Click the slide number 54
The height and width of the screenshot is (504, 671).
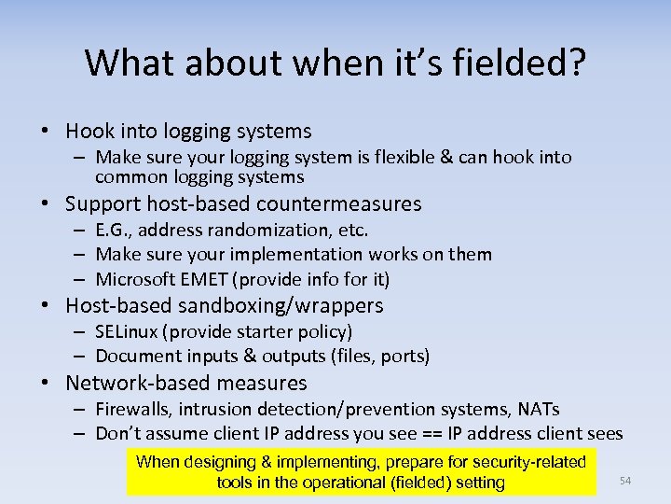(625, 481)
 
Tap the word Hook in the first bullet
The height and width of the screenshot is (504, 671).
(88, 132)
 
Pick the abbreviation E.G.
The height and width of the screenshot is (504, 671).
(115, 230)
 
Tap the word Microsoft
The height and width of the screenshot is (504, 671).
(135, 278)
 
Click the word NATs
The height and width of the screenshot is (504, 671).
(538, 409)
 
